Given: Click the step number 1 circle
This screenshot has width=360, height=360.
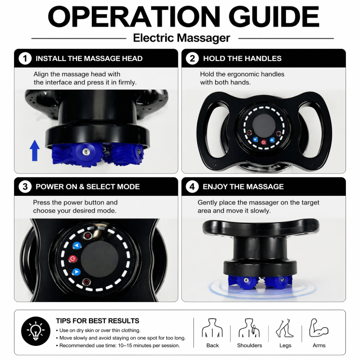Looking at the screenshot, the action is (25, 59).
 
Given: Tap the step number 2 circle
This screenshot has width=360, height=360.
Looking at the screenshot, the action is (192, 59).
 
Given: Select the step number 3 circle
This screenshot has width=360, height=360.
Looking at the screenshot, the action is (25, 186).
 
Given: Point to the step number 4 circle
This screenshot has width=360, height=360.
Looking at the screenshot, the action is (192, 186).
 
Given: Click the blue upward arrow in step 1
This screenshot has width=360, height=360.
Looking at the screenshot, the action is (35, 150).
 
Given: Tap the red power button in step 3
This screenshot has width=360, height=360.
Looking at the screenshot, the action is (73, 259).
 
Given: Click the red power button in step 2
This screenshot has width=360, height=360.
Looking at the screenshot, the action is (264, 142).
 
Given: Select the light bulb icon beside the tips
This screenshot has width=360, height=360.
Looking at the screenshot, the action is (36, 331).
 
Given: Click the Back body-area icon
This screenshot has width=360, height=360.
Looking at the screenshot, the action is (212, 328).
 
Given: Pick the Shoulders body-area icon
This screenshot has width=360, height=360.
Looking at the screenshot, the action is (249, 328).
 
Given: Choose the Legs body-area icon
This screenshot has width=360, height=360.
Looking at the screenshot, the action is (285, 328).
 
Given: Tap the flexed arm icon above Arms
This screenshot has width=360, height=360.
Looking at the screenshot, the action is (319, 328).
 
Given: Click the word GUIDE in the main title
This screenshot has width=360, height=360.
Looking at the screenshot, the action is (274, 17).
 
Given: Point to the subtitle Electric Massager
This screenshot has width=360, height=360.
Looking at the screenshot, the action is (181, 38).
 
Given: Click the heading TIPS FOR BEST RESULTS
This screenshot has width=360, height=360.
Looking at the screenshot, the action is (98, 321).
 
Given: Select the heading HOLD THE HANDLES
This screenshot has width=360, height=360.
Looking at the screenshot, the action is (242, 59).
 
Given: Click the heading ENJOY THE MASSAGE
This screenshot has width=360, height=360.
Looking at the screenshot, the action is (243, 186).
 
